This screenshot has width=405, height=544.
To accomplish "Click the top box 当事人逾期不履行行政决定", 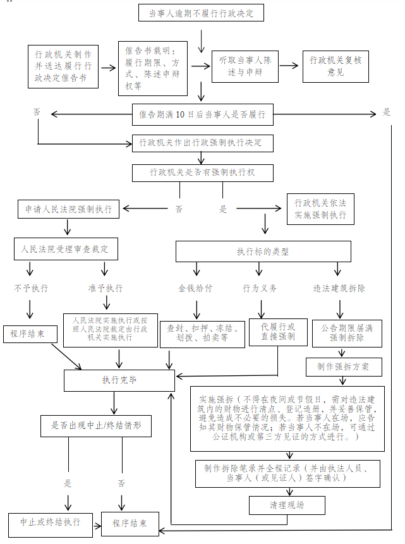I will click(x=201, y=13).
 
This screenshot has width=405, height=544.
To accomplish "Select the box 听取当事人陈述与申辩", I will click(x=245, y=66).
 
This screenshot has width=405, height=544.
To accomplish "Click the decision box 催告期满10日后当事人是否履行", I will click(x=202, y=115).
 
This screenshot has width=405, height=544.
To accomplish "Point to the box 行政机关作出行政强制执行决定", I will click(x=202, y=143).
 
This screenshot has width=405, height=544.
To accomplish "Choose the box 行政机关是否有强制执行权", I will click(x=202, y=172).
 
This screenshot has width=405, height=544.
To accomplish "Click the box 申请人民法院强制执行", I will click(x=68, y=209).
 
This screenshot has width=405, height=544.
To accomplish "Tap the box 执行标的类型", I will click(x=262, y=251).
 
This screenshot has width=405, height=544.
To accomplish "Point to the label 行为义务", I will click(x=260, y=288).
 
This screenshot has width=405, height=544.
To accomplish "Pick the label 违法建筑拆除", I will click(x=339, y=288).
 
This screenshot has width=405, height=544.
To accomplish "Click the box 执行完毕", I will click(x=119, y=380).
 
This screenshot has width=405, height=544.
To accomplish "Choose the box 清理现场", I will click(x=287, y=505).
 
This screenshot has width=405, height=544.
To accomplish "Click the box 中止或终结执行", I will click(x=50, y=523).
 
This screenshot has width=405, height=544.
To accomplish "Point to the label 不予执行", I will click(x=31, y=288).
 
